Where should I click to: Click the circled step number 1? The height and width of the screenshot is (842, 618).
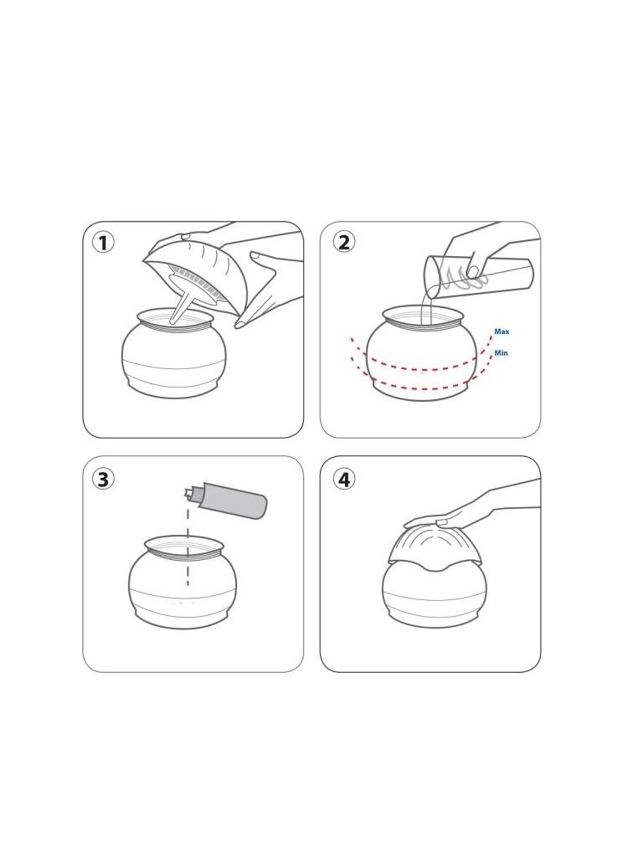coord(103,243)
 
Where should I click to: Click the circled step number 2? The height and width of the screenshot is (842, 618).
coord(343,242)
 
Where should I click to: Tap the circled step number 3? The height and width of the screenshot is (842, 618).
coord(103,479)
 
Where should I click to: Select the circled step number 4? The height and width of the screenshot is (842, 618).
coord(343,479)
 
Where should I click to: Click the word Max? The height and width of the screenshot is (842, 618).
coord(502,332)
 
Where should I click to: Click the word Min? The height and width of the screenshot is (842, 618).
coord(501,353)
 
